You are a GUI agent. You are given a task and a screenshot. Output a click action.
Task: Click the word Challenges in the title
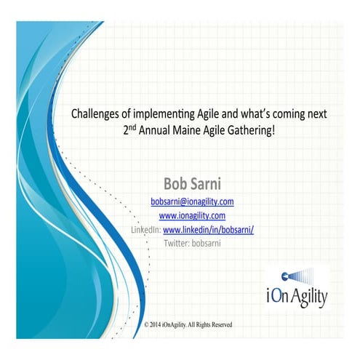[94, 113]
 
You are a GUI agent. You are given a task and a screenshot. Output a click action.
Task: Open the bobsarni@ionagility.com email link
[192, 201]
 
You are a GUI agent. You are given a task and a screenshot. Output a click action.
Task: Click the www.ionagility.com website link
[192, 215]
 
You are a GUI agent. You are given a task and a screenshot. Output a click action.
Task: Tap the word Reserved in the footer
[218, 323]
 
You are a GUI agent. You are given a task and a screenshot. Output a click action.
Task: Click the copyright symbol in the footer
[148, 323]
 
